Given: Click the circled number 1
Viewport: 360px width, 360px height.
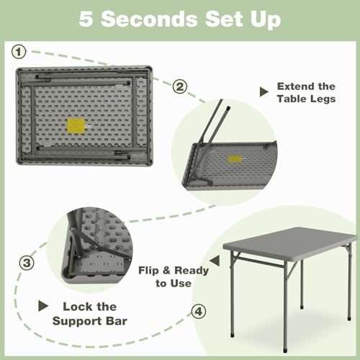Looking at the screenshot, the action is (19, 52).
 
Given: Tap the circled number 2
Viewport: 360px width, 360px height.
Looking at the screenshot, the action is (180, 86).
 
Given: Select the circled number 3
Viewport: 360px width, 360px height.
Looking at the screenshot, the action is (27, 263).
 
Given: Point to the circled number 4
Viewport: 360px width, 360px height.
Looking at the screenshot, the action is (199, 312).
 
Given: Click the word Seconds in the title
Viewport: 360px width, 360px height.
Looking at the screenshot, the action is (149, 19).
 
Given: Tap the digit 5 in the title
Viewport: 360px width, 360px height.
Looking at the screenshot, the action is (86, 19).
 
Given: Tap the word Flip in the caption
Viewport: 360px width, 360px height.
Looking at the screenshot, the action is (148, 271).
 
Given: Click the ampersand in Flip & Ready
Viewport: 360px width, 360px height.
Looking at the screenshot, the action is (166, 271).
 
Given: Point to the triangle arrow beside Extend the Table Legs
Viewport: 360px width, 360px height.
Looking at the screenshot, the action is (264, 91).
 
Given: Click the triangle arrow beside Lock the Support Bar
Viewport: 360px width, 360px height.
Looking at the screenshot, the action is (43, 306).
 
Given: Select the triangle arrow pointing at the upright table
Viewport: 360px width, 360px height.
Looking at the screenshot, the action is (215, 261).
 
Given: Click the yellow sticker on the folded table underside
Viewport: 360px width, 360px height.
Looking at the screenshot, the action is (76, 125).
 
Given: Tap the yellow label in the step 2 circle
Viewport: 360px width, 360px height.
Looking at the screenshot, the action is (235, 158).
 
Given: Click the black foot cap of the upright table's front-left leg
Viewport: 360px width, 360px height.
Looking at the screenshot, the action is (233, 335).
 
